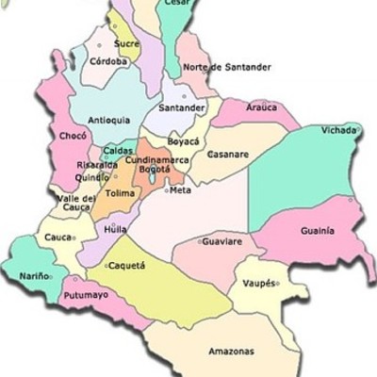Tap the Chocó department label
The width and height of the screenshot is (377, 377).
(x=73, y=136)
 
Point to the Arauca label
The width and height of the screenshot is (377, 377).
(x=261, y=107)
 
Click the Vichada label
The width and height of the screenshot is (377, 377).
(x=338, y=130)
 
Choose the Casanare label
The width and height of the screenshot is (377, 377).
(x=228, y=154)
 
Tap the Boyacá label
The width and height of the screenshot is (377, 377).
(x=183, y=141)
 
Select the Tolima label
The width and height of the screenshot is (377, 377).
(x=121, y=193)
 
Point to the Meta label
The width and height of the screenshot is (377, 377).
(x=180, y=190)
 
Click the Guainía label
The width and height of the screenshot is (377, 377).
(x=317, y=231)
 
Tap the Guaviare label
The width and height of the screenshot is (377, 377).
(x=222, y=242)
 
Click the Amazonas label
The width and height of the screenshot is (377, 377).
(x=230, y=352)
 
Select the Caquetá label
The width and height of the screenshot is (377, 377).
(x=127, y=266)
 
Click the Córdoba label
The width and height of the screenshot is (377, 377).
(x=108, y=61)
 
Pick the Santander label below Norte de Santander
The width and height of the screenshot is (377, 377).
(x=183, y=108)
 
